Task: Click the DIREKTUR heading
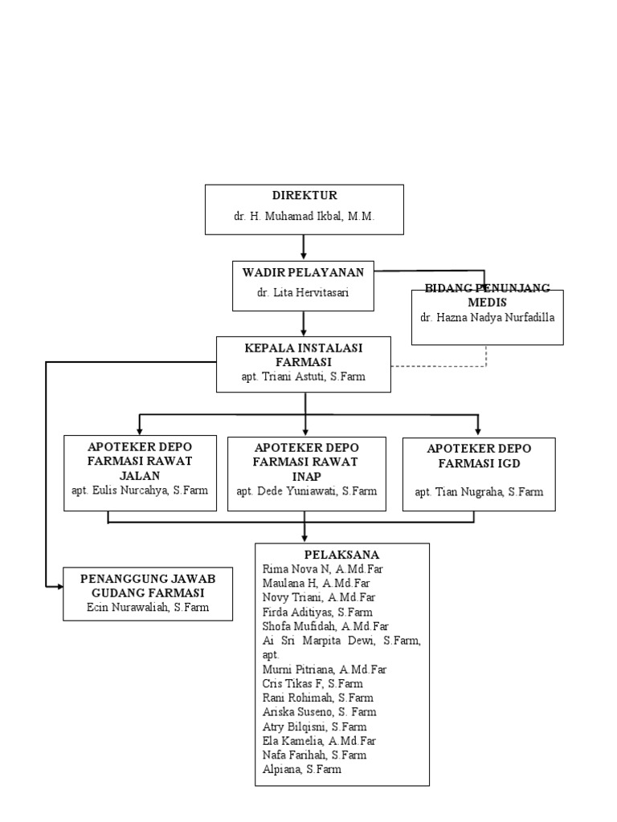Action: coord(304,196)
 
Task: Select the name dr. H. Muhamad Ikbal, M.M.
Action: coord(304,217)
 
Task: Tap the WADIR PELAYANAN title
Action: coord(304,273)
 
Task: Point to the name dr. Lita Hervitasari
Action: coord(304,293)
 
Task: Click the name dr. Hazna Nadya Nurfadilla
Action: coord(487,317)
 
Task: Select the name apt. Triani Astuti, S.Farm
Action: coord(303,376)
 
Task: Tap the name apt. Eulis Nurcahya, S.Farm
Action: coord(141,490)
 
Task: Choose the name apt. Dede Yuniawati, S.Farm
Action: coord(305,490)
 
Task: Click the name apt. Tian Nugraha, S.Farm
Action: coord(479,491)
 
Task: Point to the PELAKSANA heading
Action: coord(342,555)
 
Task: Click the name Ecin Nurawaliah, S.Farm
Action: coord(148,608)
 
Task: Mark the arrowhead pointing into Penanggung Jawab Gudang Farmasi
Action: coord(59,587)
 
